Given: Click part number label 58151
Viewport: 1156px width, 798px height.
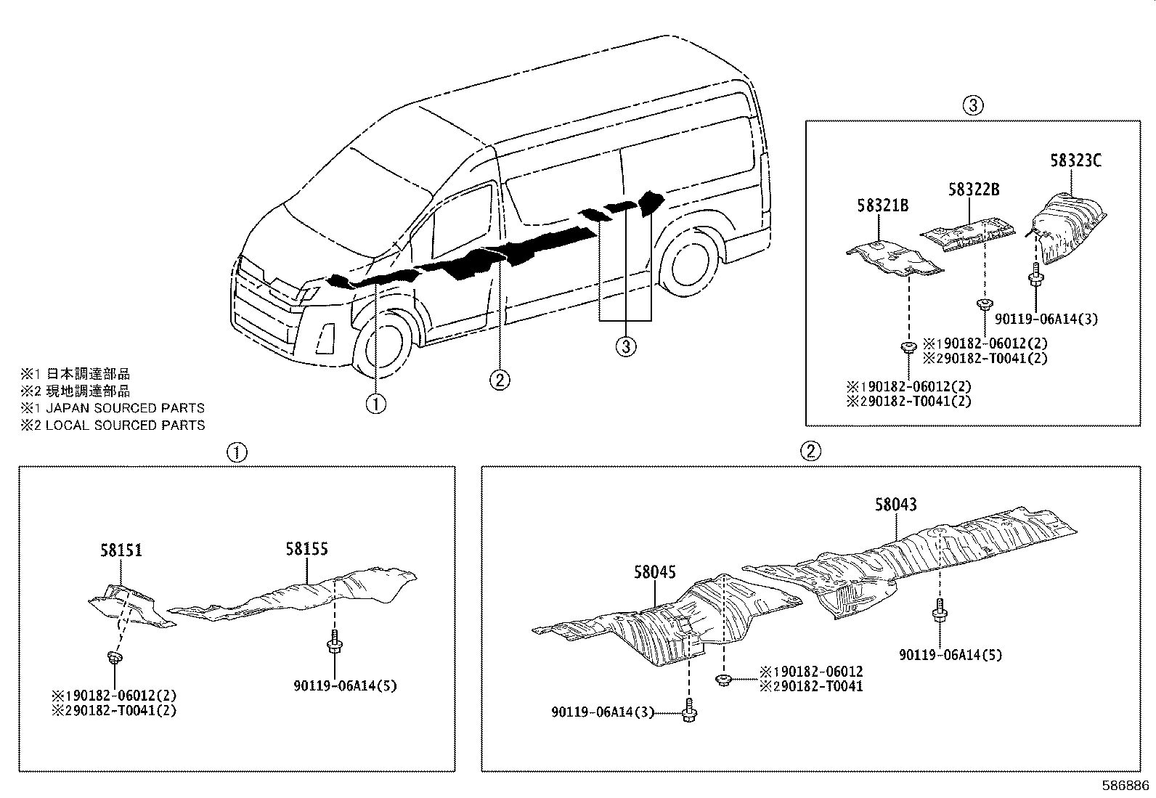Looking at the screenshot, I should coord(121,550).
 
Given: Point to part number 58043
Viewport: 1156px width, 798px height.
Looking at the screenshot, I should coord(895,504).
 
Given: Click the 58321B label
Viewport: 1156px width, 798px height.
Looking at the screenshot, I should coord(882,206).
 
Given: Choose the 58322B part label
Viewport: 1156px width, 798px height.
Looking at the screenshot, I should coord(974,190).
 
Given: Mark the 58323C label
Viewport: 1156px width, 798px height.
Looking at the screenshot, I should coord(1075,160).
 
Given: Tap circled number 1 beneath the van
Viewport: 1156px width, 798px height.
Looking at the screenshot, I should coord(375,402).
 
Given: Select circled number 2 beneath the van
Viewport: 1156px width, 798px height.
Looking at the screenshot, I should coord(499,378).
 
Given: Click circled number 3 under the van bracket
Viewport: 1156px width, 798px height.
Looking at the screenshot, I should coord(625,346).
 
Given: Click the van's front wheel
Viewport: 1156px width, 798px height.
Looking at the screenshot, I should coord(383,343).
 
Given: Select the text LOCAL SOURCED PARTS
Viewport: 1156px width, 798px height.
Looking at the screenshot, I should coord(124,426).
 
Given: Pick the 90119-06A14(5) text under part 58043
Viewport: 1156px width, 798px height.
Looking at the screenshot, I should coord(951,655).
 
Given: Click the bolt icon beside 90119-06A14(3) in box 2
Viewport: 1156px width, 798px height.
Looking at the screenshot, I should coord(687,713).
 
